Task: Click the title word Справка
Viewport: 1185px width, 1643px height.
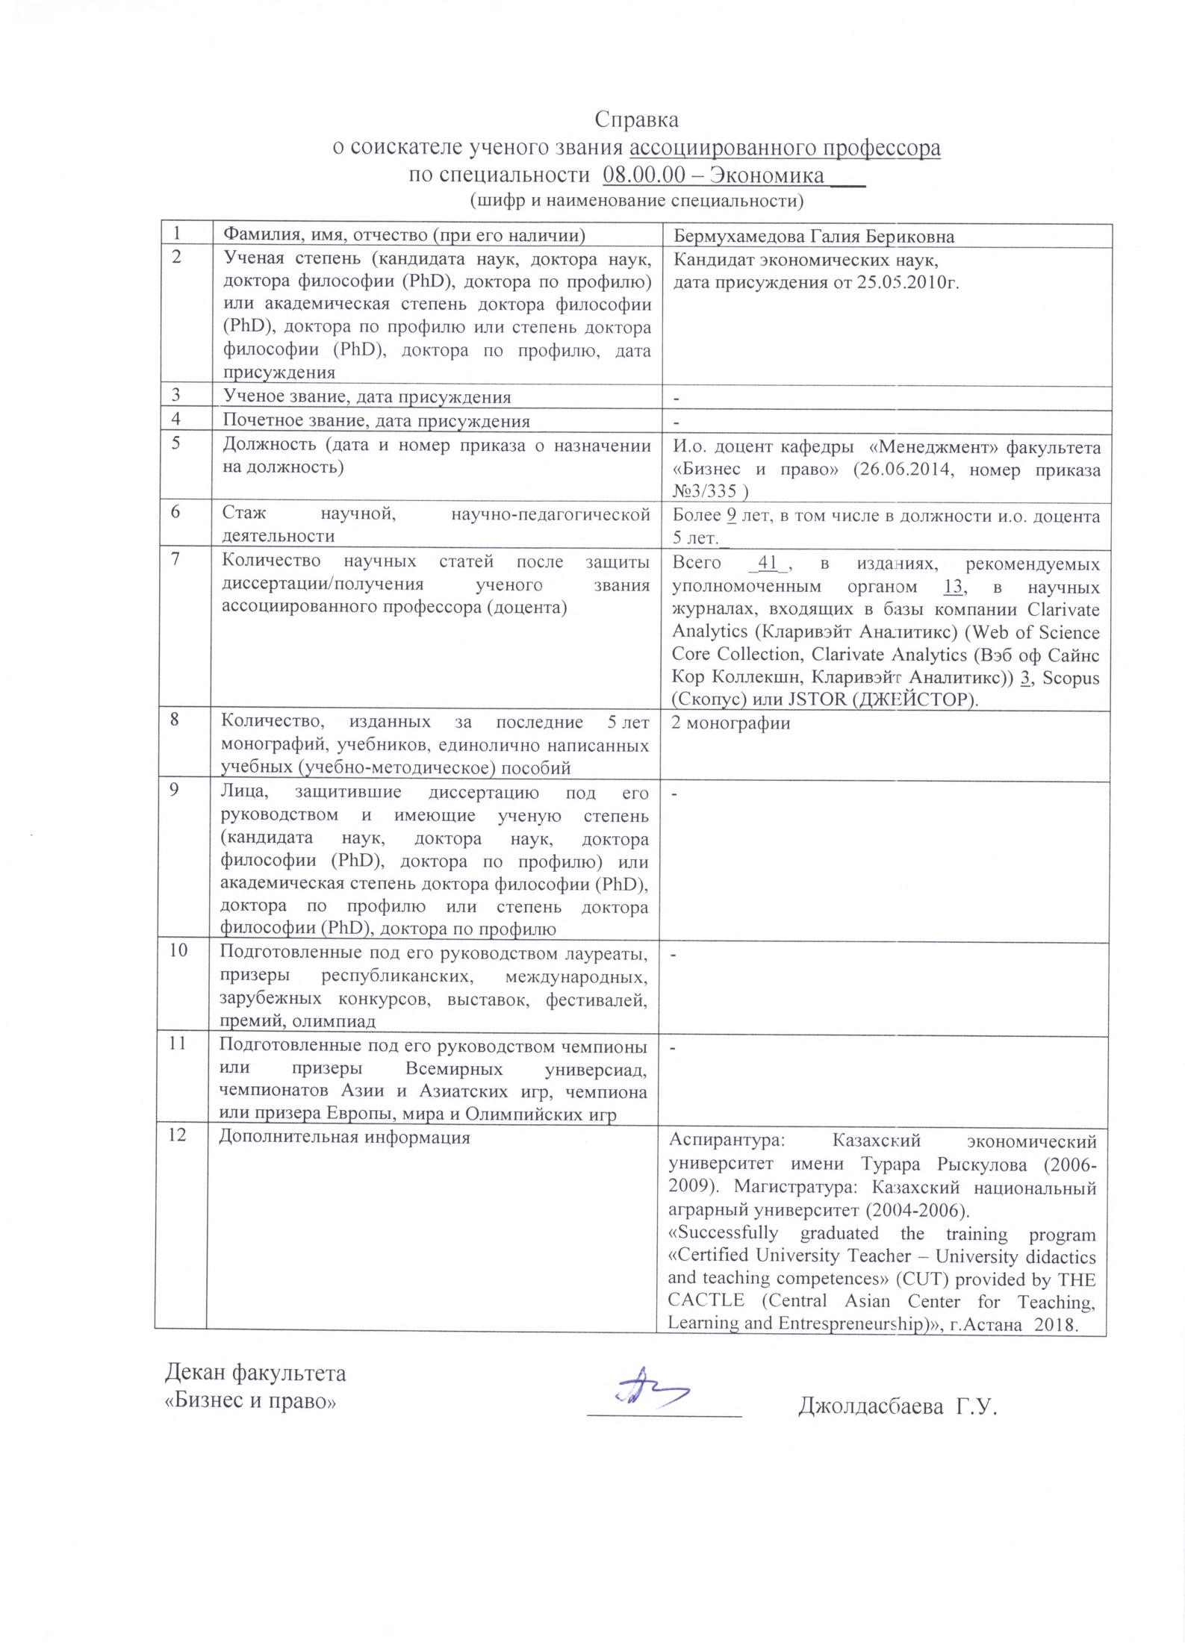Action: pyautogui.click(x=636, y=119)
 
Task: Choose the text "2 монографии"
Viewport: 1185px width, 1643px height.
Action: pyautogui.click(x=731, y=723)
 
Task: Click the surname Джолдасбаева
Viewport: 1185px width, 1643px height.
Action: pyautogui.click(x=870, y=1408)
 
